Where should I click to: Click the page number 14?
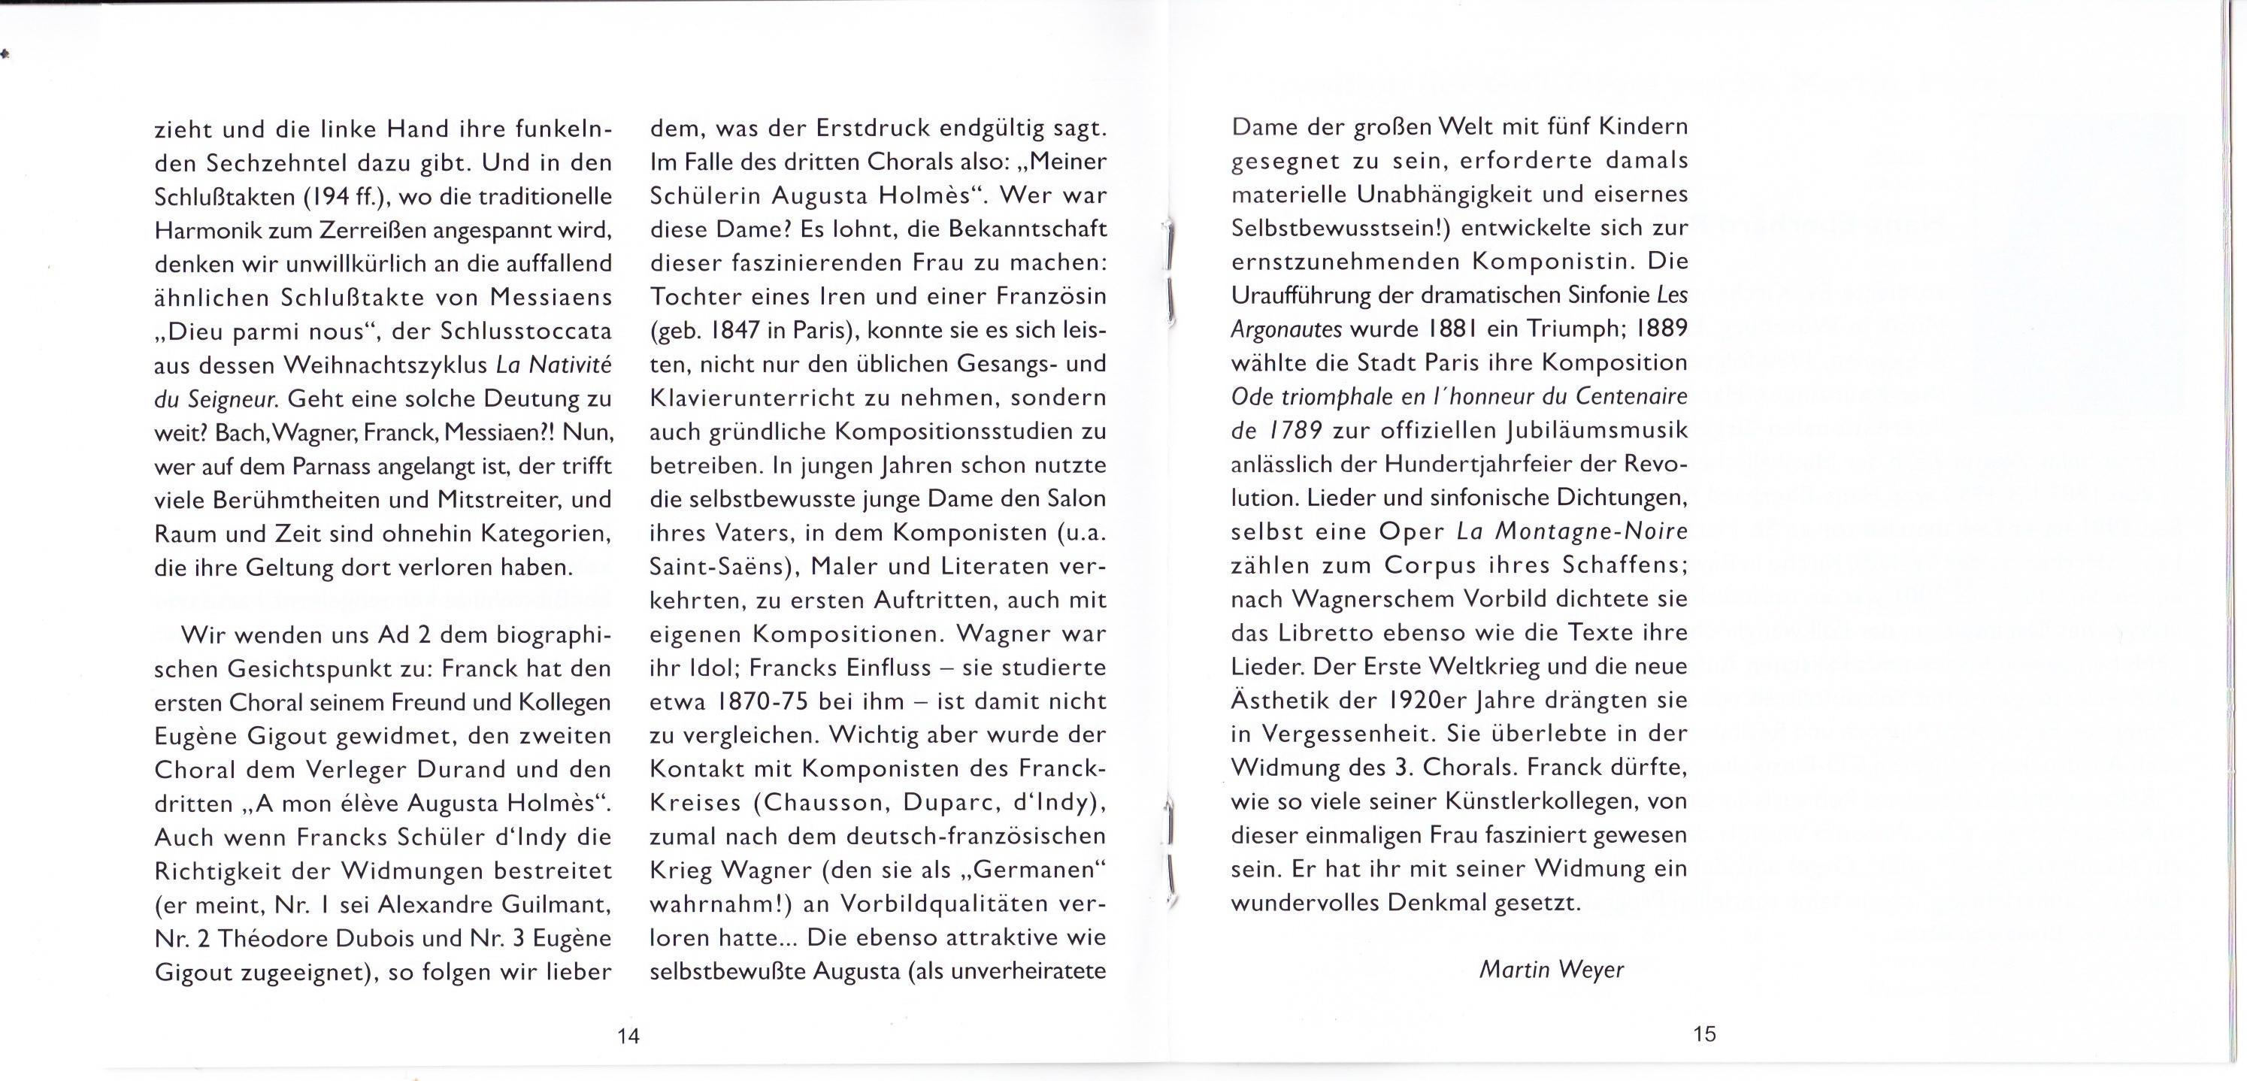pyautogui.click(x=628, y=1036)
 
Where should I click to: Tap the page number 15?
pyautogui.click(x=1704, y=1034)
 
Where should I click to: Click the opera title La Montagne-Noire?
pyautogui.click(x=1572, y=531)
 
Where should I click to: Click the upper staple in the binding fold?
pyautogui.click(x=1169, y=271)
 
